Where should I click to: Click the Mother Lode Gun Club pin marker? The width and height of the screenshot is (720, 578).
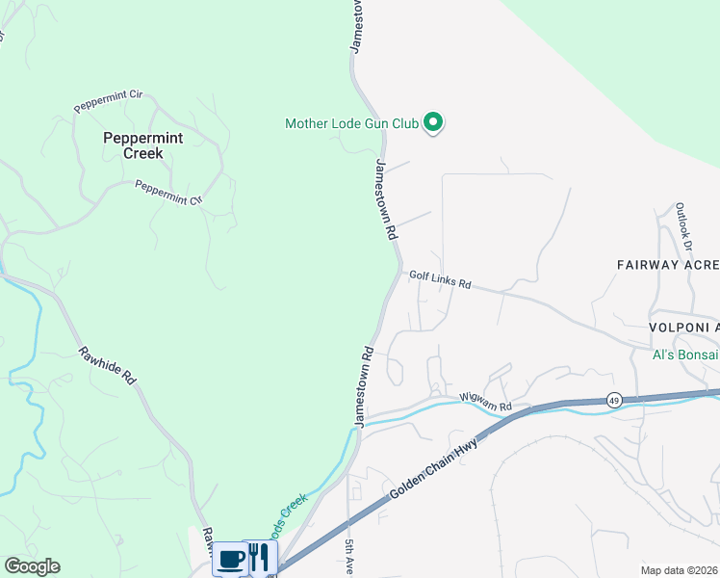433,122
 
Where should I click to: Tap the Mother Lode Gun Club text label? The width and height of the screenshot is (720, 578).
351,123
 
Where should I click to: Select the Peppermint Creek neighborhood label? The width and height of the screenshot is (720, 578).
134,145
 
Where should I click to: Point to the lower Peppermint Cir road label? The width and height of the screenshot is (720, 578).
169,193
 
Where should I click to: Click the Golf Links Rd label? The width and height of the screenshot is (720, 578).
440,280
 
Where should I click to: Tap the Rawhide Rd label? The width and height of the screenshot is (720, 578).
107,367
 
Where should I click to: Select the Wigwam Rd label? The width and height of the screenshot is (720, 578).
485,401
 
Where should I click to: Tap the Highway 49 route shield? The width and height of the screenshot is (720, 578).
614,400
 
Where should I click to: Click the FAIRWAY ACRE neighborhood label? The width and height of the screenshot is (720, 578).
668,264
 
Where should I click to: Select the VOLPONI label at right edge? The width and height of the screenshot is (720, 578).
682,328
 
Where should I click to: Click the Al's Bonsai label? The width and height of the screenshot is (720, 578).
685,355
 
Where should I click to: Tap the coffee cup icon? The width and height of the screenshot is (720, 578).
231,559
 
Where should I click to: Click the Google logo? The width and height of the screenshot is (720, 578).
32,566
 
